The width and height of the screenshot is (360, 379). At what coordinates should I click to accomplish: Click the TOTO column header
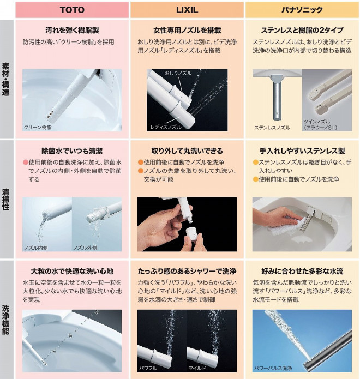coord(72,10)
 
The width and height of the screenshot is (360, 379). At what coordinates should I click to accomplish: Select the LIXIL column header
coord(187,10)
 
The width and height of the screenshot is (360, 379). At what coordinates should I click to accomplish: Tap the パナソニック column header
coord(302,10)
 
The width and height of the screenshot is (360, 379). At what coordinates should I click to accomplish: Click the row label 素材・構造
coord(6,79)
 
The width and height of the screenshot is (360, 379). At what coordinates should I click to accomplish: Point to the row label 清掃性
coord(6,200)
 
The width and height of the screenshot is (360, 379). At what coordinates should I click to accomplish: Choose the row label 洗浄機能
coord(6,320)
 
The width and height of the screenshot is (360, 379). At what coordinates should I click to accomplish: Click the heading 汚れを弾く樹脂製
coord(72,30)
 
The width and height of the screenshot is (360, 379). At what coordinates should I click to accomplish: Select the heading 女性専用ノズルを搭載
coord(187,30)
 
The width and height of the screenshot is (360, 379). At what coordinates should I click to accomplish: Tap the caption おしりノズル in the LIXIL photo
coord(178,73)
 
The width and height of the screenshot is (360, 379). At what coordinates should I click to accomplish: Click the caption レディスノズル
coord(166,127)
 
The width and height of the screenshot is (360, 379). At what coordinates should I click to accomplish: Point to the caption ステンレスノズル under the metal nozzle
coord(272,128)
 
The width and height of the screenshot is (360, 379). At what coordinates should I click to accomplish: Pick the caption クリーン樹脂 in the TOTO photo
coord(38,127)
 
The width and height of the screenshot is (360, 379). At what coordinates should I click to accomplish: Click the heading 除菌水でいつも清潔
coord(72,151)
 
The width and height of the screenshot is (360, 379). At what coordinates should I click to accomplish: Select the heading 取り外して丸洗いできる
coord(187,151)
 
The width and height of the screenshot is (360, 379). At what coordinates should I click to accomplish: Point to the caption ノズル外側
coord(85,248)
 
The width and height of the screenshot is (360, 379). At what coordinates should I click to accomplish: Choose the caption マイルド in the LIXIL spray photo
coord(197,368)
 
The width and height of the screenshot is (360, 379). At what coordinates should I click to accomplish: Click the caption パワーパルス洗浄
coord(273,368)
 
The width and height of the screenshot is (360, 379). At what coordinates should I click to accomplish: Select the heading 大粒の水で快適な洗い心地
coord(72,272)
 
